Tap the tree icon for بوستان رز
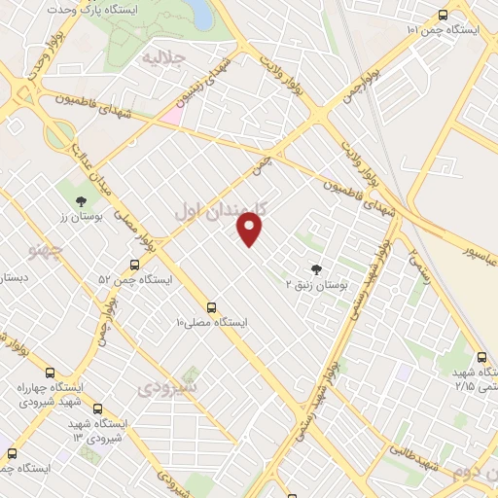point(81,202)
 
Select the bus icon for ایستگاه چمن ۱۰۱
point(444,16)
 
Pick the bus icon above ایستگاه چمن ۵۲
point(134,265)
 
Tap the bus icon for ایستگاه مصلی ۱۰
point(212,305)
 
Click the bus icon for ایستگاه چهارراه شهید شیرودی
point(51,372)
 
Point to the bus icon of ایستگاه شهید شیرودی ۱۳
point(95,410)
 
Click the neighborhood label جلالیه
point(162,59)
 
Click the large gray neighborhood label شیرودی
point(166,387)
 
